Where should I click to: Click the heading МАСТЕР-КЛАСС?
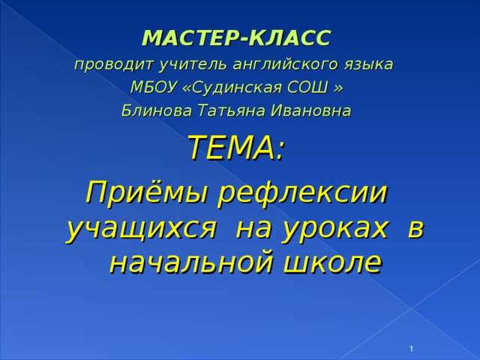pyautogui.click(x=237, y=38)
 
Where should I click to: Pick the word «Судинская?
pyautogui.click(x=232, y=88)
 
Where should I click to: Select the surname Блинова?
pyautogui.click(x=157, y=110)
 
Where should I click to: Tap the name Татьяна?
pyautogui.click(x=231, y=111)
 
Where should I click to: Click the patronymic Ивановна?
pyautogui.click(x=310, y=110)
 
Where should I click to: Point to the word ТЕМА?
pyautogui.click(x=237, y=148)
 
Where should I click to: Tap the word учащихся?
pyautogui.click(x=141, y=229)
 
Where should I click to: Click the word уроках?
pyautogui.click(x=334, y=229)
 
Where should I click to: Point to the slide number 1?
pyautogui.click(x=412, y=349)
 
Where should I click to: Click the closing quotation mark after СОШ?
pyautogui.click(x=338, y=88)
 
